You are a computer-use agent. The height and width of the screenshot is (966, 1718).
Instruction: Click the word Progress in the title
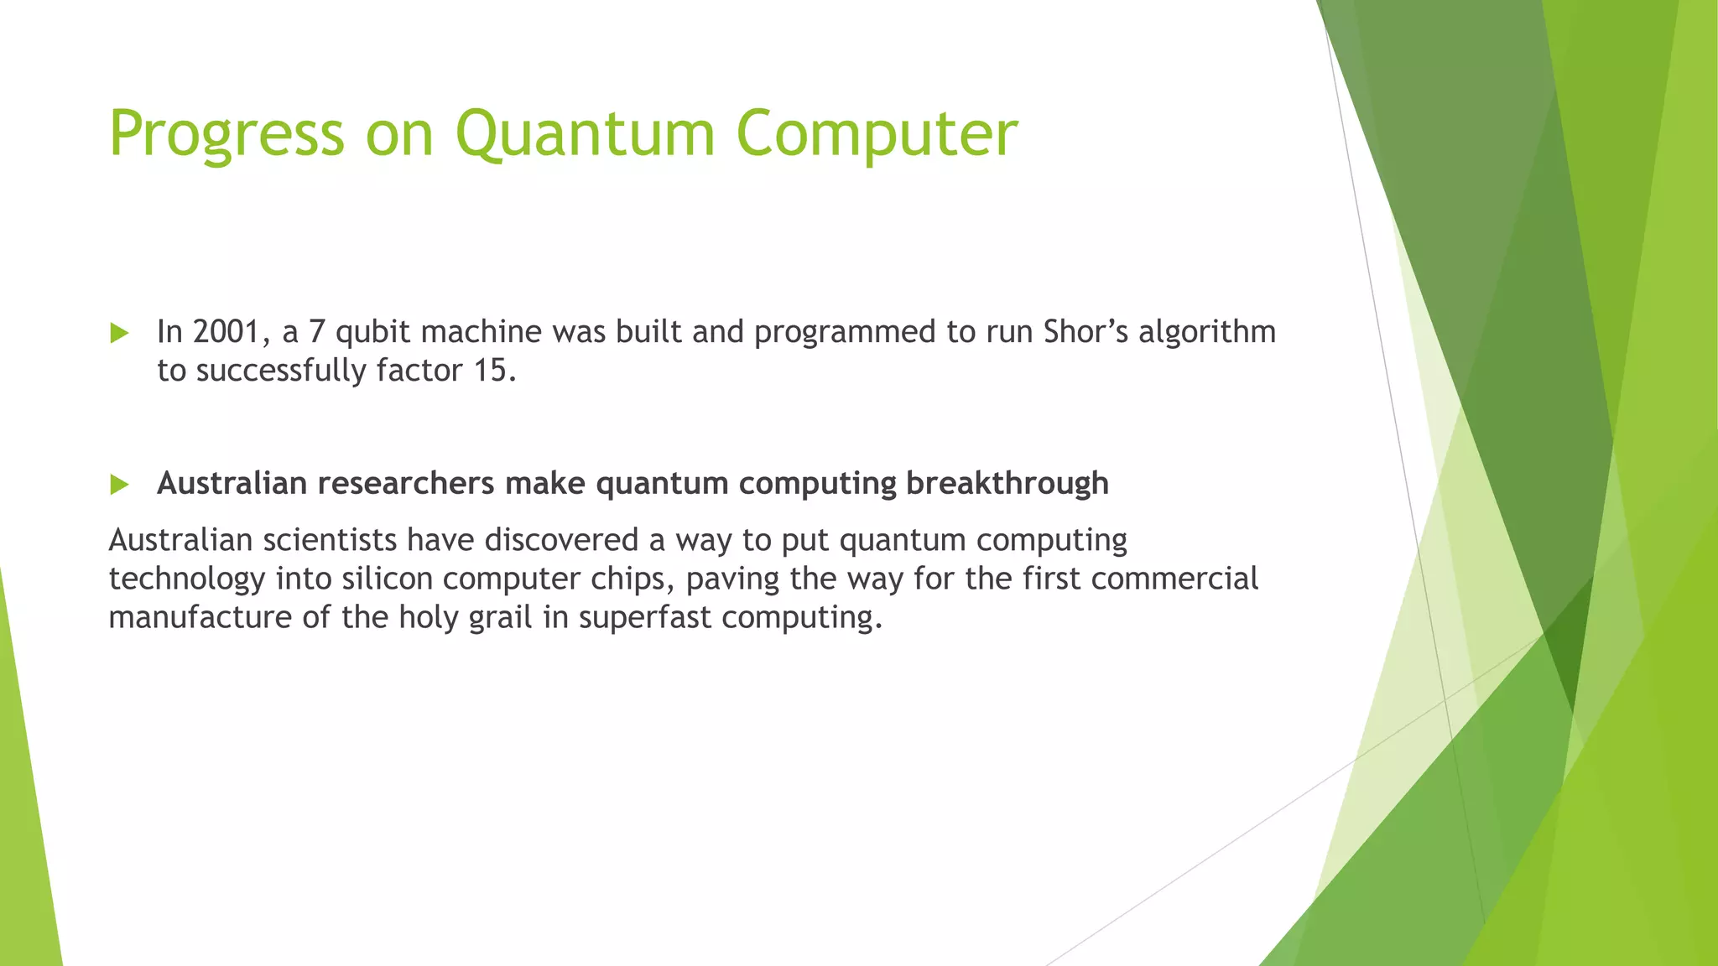click(x=226, y=134)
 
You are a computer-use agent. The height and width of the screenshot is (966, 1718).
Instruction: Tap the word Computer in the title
click(x=877, y=134)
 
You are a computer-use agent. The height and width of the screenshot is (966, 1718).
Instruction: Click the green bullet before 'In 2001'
click(x=119, y=334)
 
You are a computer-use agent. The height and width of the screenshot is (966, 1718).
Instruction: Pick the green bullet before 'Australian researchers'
click(x=119, y=485)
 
